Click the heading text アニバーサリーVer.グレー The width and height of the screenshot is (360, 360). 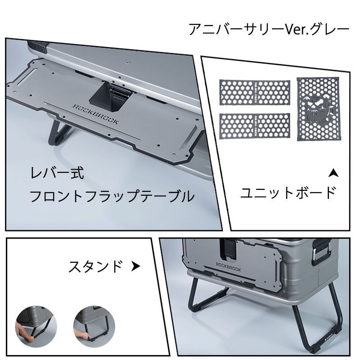click(269, 30)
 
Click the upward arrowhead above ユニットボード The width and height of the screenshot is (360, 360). click(333, 172)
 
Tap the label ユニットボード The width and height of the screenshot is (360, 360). click(288, 193)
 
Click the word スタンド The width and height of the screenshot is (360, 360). click(95, 266)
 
